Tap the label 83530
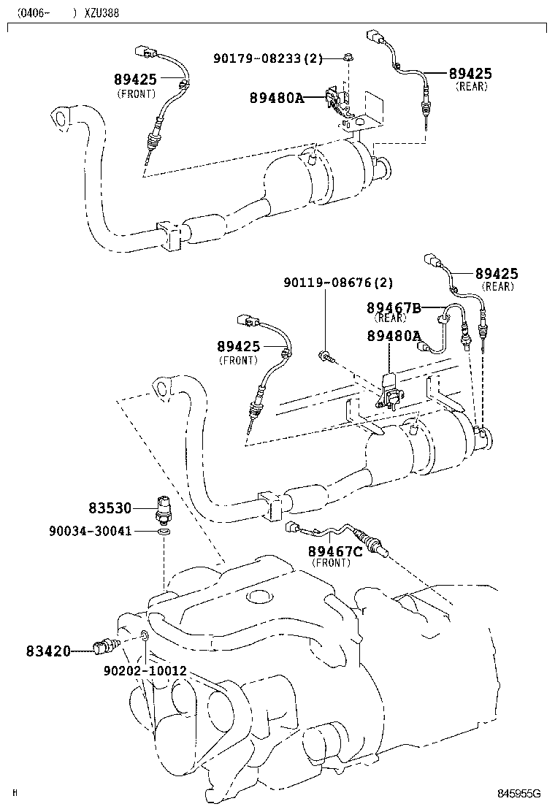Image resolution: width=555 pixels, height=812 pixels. (111, 507)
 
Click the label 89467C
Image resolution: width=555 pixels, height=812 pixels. (334, 551)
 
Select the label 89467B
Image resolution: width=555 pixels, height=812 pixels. (394, 308)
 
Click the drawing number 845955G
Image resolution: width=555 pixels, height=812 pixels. (518, 794)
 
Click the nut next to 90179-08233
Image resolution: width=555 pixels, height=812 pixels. (348, 58)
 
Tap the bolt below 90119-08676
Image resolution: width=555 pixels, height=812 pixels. (326, 356)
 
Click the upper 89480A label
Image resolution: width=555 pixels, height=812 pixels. (275, 97)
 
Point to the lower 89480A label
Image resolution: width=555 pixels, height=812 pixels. (394, 336)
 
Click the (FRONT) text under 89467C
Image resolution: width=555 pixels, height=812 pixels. (332, 563)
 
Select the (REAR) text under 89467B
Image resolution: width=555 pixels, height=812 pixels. (391, 319)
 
